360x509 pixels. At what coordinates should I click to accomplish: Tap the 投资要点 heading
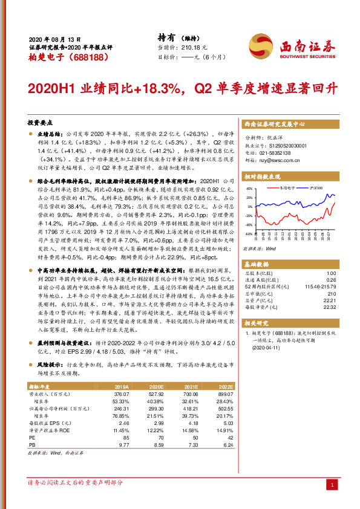click(41, 122)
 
